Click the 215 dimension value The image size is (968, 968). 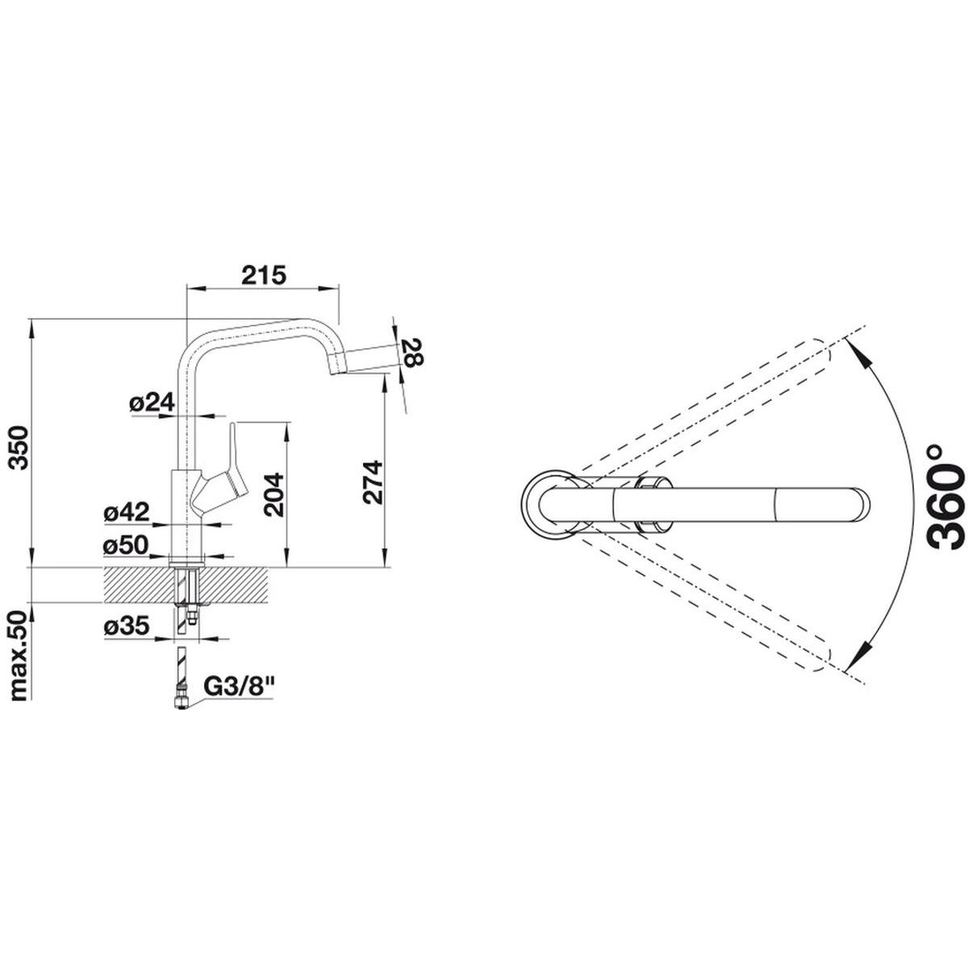pos(263,275)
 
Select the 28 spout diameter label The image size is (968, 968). pos(414,353)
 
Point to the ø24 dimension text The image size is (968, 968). pos(152,403)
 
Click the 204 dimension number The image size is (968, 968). pos(273,494)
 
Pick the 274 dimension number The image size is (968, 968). pos(373,482)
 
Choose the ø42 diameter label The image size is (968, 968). pos(127,512)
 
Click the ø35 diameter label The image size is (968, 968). pos(127,626)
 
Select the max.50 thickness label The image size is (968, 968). pos(19,655)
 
